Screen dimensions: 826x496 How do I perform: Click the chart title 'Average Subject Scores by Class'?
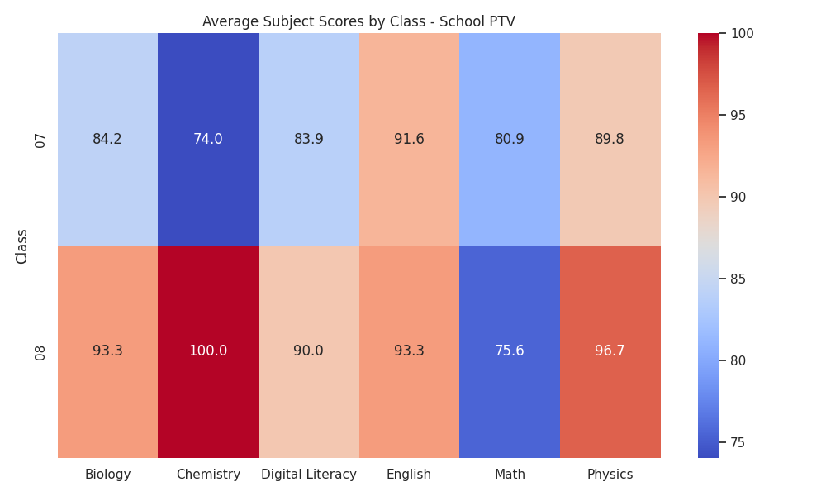point(314,21)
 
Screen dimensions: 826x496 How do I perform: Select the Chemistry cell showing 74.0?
point(208,139)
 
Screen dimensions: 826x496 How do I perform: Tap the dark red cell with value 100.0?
point(208,351)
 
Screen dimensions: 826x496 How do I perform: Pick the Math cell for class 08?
point(510,351)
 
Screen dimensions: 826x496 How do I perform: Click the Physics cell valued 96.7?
point(610,351)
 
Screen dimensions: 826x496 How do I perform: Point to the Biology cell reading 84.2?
point(107,139)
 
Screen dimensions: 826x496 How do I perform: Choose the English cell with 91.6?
point(409,139)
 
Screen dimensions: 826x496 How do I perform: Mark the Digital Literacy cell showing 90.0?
point(309,351)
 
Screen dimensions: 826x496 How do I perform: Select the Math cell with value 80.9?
point(510,139)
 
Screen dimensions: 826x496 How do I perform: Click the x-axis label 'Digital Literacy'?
point(309,475)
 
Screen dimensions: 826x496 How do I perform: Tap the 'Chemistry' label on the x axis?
point(208,475)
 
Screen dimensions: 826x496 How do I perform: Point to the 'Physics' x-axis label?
point(610,475)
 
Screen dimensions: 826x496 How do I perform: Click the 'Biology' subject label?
point(107,475)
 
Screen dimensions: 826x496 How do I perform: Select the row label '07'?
point(40,141)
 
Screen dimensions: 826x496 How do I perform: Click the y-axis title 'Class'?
point(21,246)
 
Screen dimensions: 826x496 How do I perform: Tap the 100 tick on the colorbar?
point(743,33)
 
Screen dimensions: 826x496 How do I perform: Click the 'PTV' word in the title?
point(501,21)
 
